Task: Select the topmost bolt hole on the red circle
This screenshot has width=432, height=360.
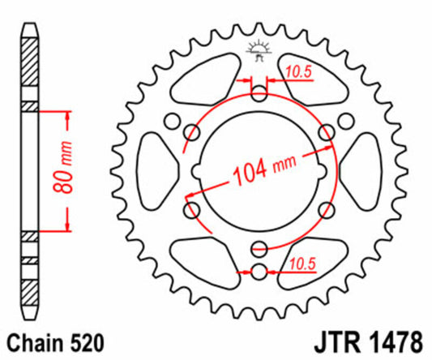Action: pos(259,95)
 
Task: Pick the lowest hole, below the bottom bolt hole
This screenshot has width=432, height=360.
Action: pos(259,271)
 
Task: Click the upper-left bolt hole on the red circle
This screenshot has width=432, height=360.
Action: pos(193,133)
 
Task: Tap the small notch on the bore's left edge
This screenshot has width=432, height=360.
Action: pos(198,171)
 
